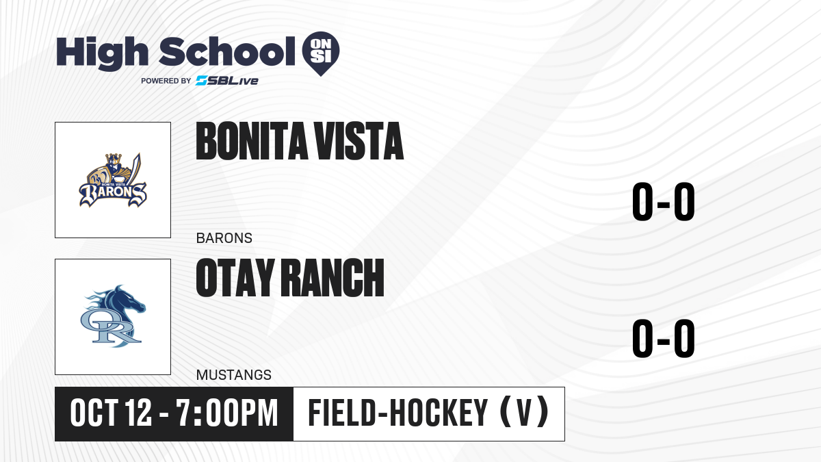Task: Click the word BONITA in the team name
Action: coord(252,141)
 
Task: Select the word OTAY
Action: coord(235,278)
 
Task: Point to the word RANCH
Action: coord(333,278)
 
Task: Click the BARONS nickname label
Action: coord(224,238)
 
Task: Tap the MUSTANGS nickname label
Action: coord(234,375)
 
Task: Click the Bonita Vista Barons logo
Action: coord(113,180)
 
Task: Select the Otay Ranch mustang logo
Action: coord(113,316)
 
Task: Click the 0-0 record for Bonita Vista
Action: coord(664,202)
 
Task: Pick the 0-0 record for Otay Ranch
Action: coord(664,338)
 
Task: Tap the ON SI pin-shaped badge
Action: coord(321,53)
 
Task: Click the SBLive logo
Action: coord(227,81)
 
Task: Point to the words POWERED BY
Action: coord(166,81)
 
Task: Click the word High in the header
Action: coord(103,53)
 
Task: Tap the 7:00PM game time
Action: coord(227,413)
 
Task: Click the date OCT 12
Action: coord(111,413)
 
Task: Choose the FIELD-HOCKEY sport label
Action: coord(398,413)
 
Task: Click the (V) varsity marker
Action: coord(525,413)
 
